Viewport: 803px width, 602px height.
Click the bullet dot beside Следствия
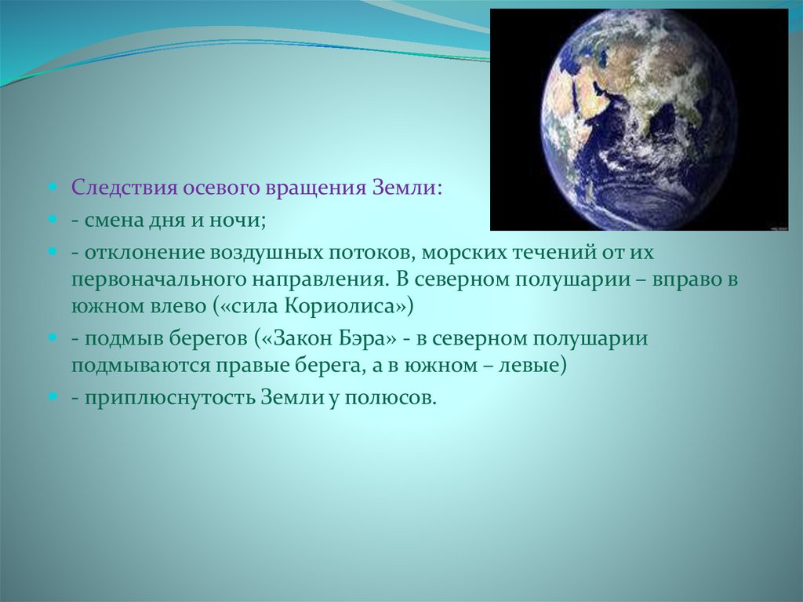[x=53, y=187]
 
